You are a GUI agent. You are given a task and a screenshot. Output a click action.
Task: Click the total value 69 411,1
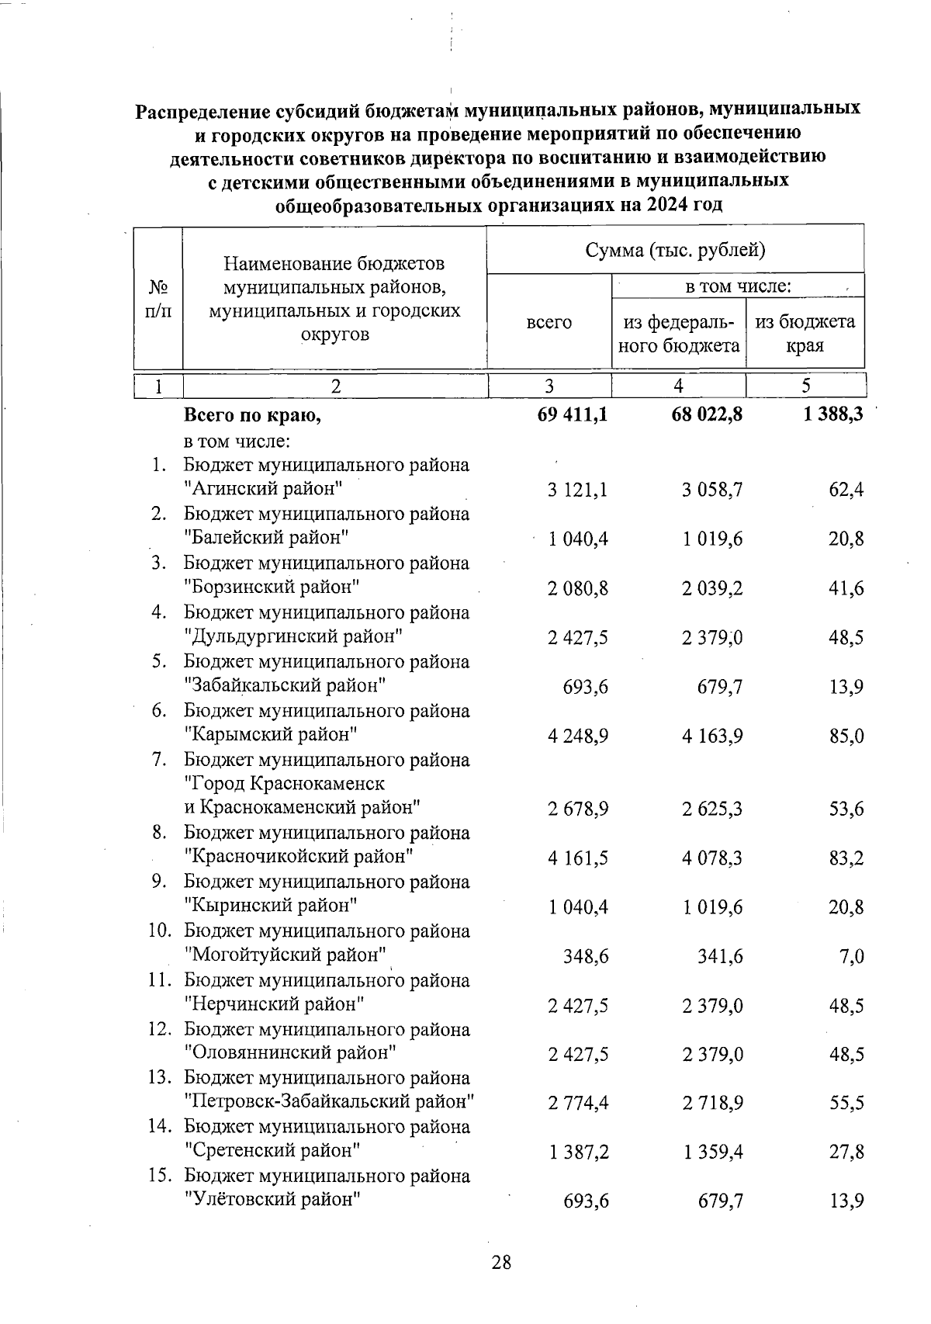click(x=573, y=416)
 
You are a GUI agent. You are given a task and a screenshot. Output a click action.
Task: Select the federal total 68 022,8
click(x=707, y=416)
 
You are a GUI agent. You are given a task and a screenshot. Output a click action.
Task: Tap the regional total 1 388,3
click(x=834, y=416)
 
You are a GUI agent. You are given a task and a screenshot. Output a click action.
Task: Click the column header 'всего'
click(x=549, y=322)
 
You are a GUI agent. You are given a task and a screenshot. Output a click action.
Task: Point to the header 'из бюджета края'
click(x=805, y=334)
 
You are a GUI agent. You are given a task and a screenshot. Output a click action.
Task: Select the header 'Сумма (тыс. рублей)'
click(x=675, y=250)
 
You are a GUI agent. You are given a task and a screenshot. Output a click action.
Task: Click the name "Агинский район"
click(x=265, y=489)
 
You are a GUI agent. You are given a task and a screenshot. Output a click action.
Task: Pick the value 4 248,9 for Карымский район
click(x=577, y=736)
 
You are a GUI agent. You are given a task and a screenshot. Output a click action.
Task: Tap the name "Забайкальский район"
click(x=285, y=686)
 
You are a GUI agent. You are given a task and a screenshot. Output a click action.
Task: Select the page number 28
click(x=501, y=1262)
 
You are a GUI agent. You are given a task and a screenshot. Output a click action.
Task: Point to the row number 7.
click(x=159, y=760)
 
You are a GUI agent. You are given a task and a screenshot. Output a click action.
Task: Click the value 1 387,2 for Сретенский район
click(x=578, y=1151)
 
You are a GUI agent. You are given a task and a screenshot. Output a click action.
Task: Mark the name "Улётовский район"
click(x=274, y=1200)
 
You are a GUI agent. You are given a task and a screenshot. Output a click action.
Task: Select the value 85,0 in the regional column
click(x=846, y=736)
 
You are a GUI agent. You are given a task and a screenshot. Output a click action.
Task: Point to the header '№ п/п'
click(x=159, y=299)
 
